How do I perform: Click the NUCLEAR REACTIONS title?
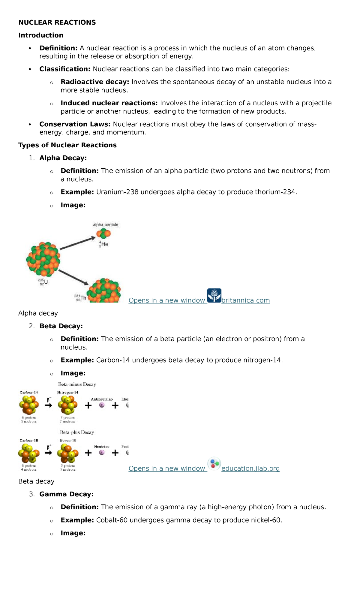(57, 23)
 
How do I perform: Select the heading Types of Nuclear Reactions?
(67, 145)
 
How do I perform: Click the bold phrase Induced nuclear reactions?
(109, 103)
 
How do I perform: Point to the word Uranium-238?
(117, 192)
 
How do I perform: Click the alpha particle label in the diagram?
(105, 225)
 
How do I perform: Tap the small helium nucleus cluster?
(103, 233)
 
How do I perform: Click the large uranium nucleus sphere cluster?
(43, 259)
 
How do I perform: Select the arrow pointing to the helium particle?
(77, 243)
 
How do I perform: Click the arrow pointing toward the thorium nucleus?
(73, 277)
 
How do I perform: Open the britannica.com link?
(245, 300)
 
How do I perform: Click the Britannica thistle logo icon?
(214, 296)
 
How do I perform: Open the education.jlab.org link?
(250, 468)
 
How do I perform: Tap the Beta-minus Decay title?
(77, 384)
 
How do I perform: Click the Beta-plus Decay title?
(77, 432)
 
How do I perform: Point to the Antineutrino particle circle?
(102, 405)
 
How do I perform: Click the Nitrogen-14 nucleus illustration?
(68, 405)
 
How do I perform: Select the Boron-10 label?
(68, 441)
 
